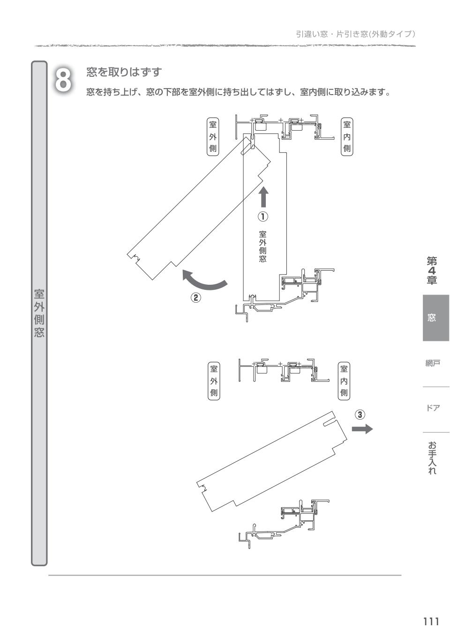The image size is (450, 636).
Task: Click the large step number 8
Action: click(x=63, y=81)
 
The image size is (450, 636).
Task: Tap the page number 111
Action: click(x=431, y=621)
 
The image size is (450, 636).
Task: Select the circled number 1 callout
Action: click(x=263, y=217)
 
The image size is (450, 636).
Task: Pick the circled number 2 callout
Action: click(x=195, y=298)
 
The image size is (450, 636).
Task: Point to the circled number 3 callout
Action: click(x=360, y=414)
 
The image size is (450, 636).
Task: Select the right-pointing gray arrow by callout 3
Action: click(x=362, y=429)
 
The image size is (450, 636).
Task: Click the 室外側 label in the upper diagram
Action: click(x=212, y=137)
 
